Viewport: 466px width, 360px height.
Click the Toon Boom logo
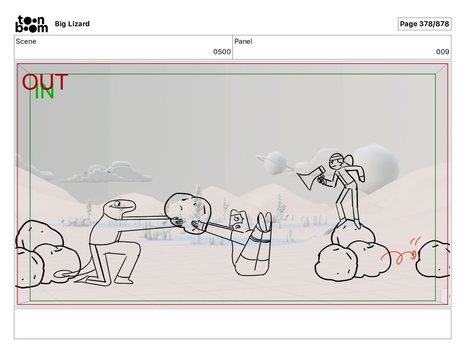(32, 24)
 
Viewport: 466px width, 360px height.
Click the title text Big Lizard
(72, 24)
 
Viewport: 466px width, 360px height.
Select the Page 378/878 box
(424, 24)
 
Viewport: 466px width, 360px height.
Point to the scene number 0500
(222, 52)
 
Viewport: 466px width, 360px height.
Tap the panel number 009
(443, 52)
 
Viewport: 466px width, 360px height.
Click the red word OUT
(45, 82)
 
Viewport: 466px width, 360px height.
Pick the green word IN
(44, 91)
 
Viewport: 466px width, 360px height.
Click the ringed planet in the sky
(275, 163)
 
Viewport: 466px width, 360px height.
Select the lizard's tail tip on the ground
(62, 274)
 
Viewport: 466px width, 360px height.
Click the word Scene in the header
(26, 42)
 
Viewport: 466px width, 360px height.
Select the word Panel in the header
(243, 42)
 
